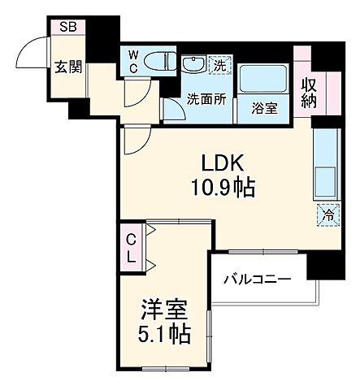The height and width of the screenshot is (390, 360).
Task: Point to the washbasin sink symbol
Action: (194, 66)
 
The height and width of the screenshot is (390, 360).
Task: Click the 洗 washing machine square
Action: (219, 66)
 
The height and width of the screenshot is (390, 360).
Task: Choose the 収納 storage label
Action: (310, 92)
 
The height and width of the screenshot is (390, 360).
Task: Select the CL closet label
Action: (130, 248)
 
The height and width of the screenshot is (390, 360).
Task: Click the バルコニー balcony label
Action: (257, 280)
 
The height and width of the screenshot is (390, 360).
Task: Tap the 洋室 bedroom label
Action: (164, 310)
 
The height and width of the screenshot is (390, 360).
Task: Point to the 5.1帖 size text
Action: (164, 334)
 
